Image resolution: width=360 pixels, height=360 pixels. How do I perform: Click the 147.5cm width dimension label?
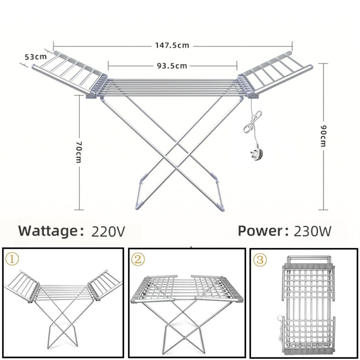click(x=172, y=46)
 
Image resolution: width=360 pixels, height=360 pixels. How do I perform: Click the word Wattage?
click(x=48, y=231)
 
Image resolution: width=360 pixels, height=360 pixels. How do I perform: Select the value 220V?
click(x=108, y=231)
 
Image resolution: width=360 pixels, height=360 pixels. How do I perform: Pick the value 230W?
click(x=312, y=231)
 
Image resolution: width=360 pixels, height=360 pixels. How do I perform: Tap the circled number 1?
click(x=12, y=259)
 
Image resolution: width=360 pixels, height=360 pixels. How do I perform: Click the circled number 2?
click(x=138, y=259)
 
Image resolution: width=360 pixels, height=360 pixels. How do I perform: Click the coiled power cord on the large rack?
click(x=252, y=122)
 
